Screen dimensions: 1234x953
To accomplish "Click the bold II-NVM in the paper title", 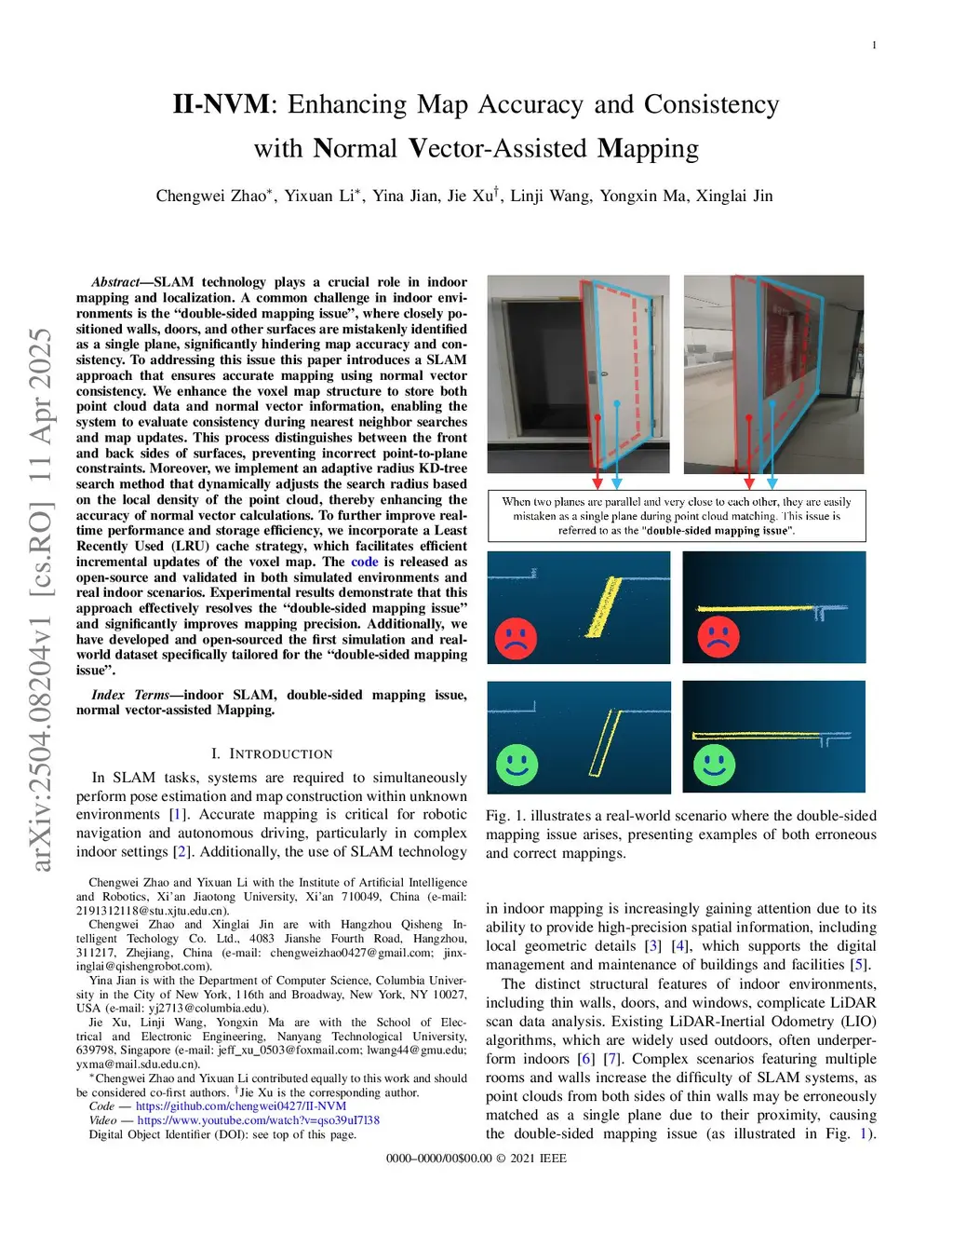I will pyautogui.click(x=221, y=104).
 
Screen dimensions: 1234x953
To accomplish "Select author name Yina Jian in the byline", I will pyautogui.click(x=405, y=196).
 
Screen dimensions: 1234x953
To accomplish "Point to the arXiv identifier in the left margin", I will pyautogui.click(x=41, y=600).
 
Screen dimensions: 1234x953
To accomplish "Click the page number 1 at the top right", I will pyautogui.click(x=874, y=45).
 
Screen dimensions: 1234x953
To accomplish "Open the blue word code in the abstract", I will pyautogui.click(x=364, y=562).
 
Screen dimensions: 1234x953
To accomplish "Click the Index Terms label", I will pyautogui.click(x=130, y=695).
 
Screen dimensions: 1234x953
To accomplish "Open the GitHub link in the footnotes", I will pyautogui.click(x=241, y=1106).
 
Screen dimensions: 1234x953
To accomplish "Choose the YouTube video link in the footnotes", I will pyautogui.click(x=259, y=1120).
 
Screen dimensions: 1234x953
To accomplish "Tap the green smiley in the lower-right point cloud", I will pyautogui.click(x=714, y=765).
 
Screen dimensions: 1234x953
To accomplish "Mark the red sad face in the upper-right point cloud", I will pyautogui.click(x=718, y=637).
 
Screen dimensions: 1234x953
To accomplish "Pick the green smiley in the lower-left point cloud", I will pyautogui.click(x=517, y=765).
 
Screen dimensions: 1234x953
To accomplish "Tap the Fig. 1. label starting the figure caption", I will pyautogui.click(x=505, y=816).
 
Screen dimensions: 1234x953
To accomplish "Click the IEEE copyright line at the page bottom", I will pyautogui.click(x=476, y=1159).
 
